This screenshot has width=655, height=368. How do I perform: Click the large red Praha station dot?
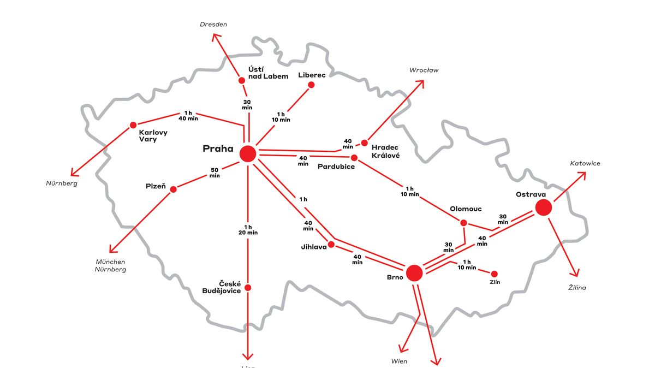tap(248, 154)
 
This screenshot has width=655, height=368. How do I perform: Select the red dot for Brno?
tap(414, 272)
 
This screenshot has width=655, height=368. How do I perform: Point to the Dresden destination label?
tap(213, 25)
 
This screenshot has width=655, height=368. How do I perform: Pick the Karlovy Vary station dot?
tap(133, 124)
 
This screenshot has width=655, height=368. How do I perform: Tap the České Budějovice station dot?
tap(248, 288)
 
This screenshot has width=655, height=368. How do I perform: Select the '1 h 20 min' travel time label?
tap(248, 230)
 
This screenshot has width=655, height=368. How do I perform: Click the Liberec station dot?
tap(311, 85)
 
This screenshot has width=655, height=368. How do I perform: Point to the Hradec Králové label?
tap(385, 151)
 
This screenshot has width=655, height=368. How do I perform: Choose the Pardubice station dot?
tap(354, 158)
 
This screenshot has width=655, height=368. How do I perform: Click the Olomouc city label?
tap(465, 209)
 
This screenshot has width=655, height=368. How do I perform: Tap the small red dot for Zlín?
tap(495, 274)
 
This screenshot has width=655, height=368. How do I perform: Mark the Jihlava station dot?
tap(331, 244)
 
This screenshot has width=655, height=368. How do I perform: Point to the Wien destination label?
tap(399, 361)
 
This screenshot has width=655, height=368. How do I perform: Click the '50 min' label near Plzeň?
tap(215, 173)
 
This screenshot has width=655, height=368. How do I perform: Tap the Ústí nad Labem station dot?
tap(242, 80)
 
